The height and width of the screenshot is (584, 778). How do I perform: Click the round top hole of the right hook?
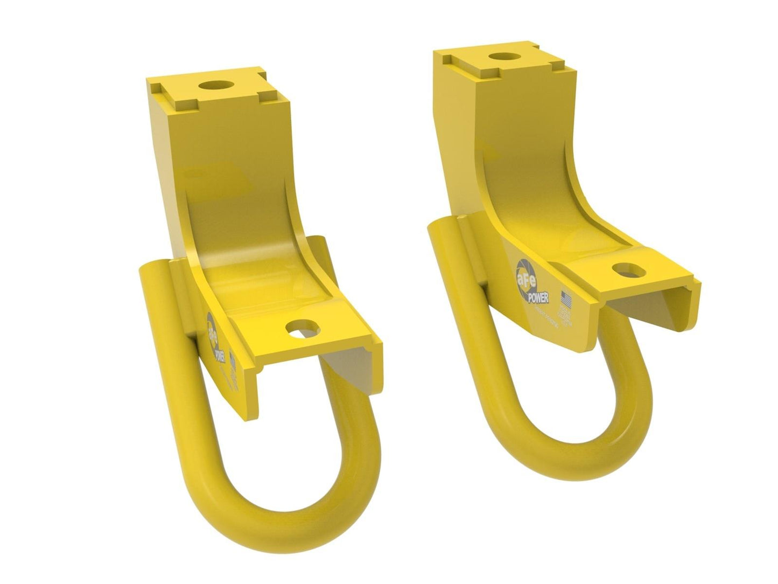coord(503,56)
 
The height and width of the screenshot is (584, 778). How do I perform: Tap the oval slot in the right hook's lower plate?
coord(626,268)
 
